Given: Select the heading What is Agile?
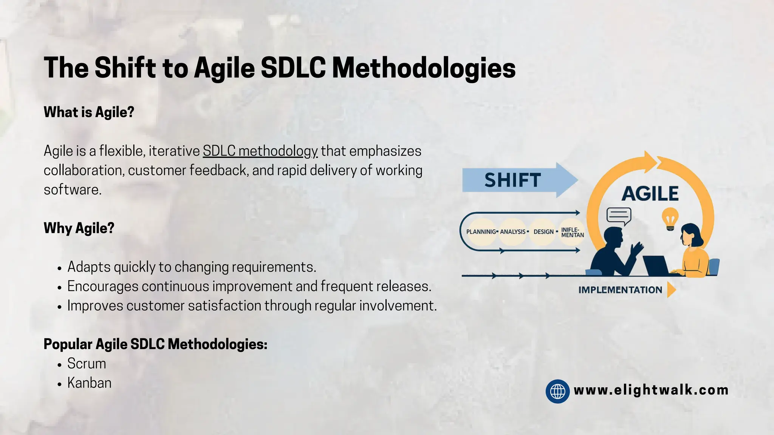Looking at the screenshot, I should [89, 112].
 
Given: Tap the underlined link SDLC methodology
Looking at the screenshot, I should [260, 151].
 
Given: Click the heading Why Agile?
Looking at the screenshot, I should [79, 228].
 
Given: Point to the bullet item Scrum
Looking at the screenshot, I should [87, 364].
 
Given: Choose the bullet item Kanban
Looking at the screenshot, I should [89, 383].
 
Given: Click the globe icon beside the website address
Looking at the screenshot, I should [557, 391].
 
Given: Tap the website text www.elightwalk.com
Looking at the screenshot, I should [651, 390].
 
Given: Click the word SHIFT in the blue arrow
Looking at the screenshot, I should [512, 180].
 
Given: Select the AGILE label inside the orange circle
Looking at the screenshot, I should [650, 194].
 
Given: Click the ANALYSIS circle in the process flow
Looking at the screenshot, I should [513, 232].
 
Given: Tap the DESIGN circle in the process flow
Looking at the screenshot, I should [543, 232].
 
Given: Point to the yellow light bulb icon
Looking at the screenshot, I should [670, 219].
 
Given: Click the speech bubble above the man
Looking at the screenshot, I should [619, 216].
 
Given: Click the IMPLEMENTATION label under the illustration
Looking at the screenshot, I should [620, 290].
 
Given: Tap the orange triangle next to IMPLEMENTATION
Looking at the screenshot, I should [671, 290].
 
